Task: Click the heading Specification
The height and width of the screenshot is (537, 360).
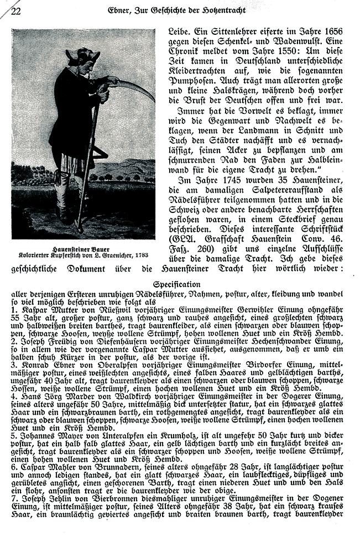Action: click(x=180, y=285)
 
